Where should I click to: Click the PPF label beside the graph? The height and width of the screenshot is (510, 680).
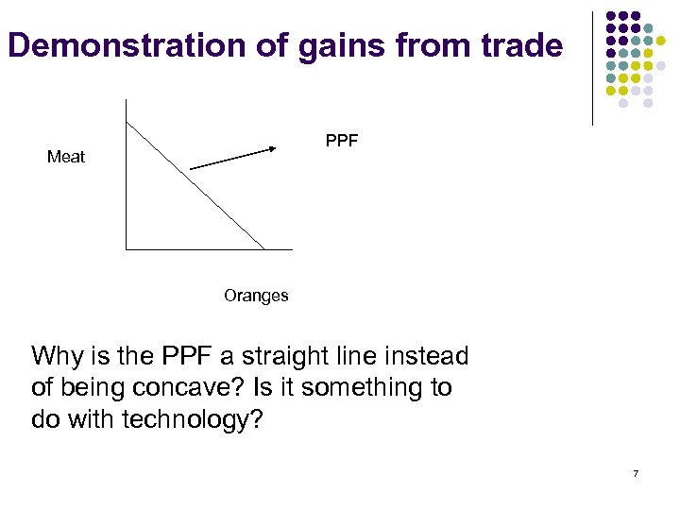click(341, 142)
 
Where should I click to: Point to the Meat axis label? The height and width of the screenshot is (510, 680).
click(66, 157)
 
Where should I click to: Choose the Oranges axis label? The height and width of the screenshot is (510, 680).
click(256, 296)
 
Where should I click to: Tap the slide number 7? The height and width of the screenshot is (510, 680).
click(636, 473)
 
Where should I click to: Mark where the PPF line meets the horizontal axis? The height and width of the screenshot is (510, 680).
click(264, 249)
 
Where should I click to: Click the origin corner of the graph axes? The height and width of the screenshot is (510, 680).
click(126, 249)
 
